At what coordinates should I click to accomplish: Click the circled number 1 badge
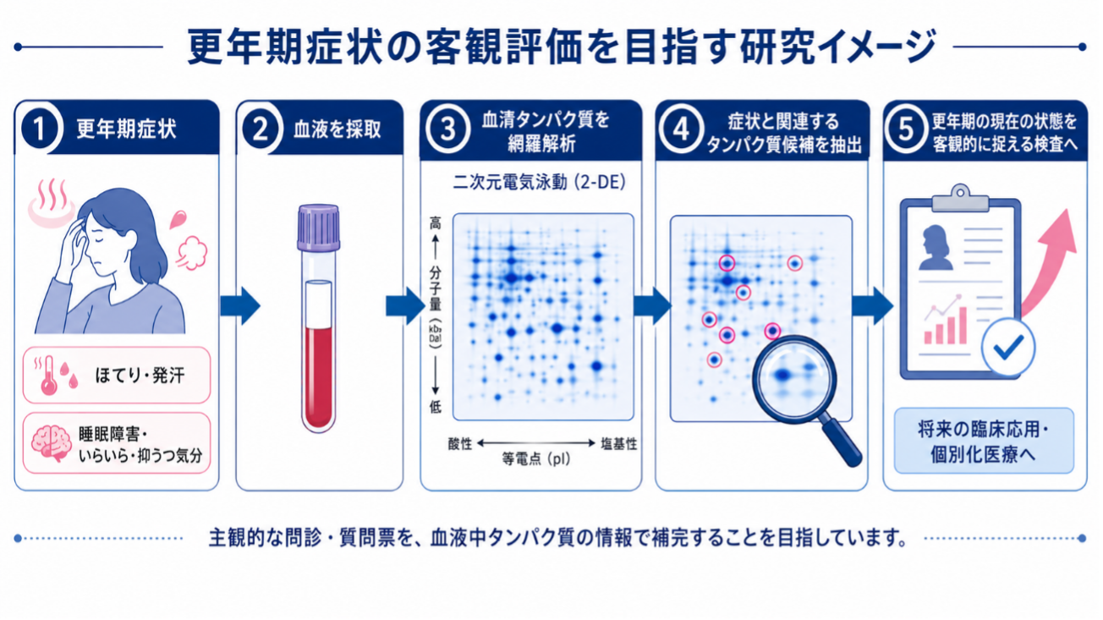[39, 129]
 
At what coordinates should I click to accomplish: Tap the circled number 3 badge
[447, 129]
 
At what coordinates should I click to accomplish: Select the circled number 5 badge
[907, 129]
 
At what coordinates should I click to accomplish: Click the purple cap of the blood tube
[318, 227]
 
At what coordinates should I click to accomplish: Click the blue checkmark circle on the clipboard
[1007, 348]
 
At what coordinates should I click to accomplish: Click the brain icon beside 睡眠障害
[51, 442]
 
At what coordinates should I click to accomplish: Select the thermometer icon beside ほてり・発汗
[49, 376]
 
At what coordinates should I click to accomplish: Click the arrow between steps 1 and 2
[240, 305]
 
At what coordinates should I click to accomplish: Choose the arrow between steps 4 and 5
[871, 305]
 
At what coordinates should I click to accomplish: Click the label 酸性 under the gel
[460, 444]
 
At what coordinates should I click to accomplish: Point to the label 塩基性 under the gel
[618, 444]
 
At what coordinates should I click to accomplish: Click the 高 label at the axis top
[436, 223]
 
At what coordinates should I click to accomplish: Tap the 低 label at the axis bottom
[436, 406]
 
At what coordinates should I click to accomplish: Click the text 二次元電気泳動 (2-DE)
[539, 182]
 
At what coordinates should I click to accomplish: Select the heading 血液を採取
[337, 129]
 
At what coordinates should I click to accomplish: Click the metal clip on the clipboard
[960, 199]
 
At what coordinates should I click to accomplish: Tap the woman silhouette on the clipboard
[936, 247]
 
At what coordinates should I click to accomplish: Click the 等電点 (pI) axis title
[535, 459]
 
